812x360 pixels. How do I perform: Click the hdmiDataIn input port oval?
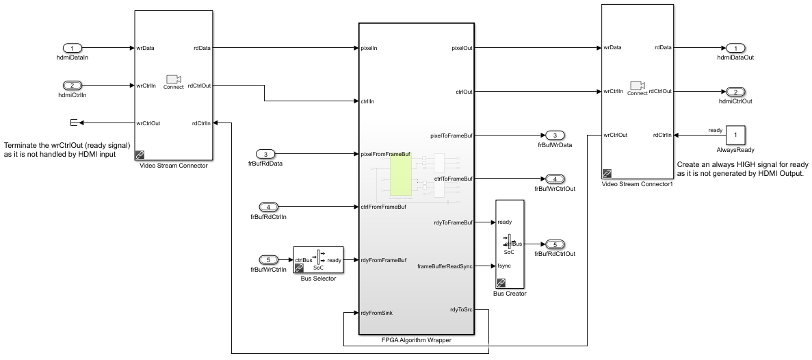tap(73, 48)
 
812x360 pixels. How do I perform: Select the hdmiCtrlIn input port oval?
tap(73, 86)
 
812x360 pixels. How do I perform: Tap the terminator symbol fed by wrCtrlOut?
tap(73, 123)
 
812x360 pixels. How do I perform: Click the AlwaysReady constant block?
tap(736, 136)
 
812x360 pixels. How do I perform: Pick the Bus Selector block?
tap(319, 259)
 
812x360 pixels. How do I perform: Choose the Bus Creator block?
tap(510, 244)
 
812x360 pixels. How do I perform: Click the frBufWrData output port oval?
tap(555, 136)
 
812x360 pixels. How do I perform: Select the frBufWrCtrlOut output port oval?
tap(555, 179)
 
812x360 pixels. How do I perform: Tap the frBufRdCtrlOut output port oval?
tap(555, 244)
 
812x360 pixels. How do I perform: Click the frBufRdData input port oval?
tap(265, 154)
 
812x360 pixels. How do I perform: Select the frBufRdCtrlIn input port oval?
tap(268, 207)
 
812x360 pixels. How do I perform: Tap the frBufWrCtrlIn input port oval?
tap(268, 260)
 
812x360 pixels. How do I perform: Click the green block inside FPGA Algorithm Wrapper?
tap(401, 175)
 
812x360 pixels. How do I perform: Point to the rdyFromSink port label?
tap(376, 313)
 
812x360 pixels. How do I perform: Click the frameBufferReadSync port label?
tap(445, 266)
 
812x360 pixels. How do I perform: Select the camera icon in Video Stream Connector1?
tap(638, 85)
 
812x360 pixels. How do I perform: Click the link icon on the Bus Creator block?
tap(501, 283)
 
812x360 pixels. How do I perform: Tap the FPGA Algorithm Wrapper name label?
tap(417, 340)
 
